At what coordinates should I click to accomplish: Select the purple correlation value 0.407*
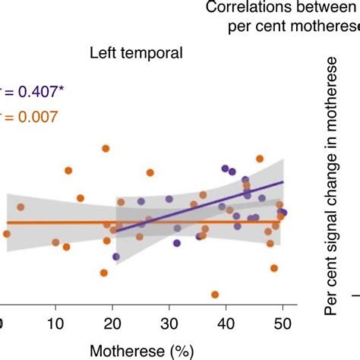pyautogui.click(x=36, y=91)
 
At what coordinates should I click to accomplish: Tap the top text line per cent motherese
pyautogui.click(x=292, y=27)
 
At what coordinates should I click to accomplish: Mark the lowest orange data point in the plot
pyautogui.click(x=215, y=295)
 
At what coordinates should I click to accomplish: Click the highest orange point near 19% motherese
pyautogui.click(x=106, y=149)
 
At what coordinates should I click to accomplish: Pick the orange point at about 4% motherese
pyautogui.click(x=21, y=207)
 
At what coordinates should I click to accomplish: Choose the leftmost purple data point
pyautogui.click(x=116, y=257)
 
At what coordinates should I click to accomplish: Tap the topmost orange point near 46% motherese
pyautogui.click(x=260, y=159)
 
